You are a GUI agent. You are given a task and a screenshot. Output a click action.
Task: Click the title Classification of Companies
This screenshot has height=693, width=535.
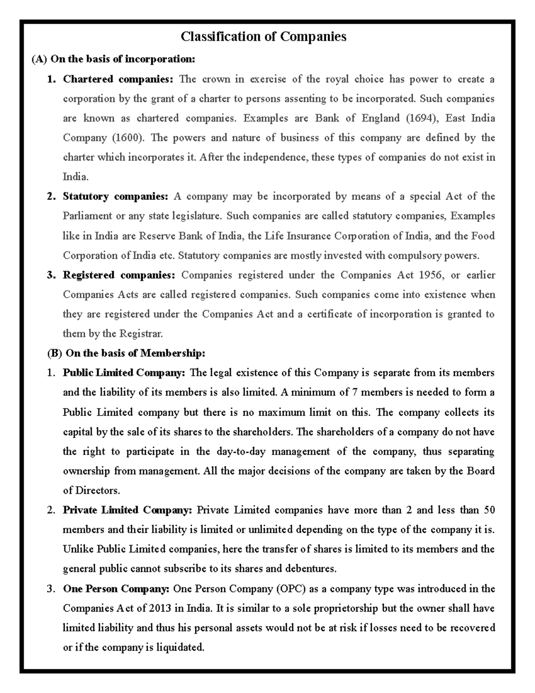[x=263, y=36]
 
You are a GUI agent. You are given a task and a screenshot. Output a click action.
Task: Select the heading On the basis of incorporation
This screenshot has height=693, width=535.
[x=122, y=59]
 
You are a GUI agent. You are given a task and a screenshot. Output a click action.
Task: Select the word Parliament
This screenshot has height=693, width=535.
[x=87, y=216]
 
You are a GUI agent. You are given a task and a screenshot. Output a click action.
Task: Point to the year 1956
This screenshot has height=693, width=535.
[x=431, y=275]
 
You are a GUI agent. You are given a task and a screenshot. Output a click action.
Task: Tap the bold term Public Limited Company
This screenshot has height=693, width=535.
[x=123, y=373]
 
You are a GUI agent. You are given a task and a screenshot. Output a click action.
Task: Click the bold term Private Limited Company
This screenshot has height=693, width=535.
[x=127, y=510]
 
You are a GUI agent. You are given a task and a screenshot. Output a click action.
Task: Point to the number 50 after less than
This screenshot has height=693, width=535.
[x=489, y=510]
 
